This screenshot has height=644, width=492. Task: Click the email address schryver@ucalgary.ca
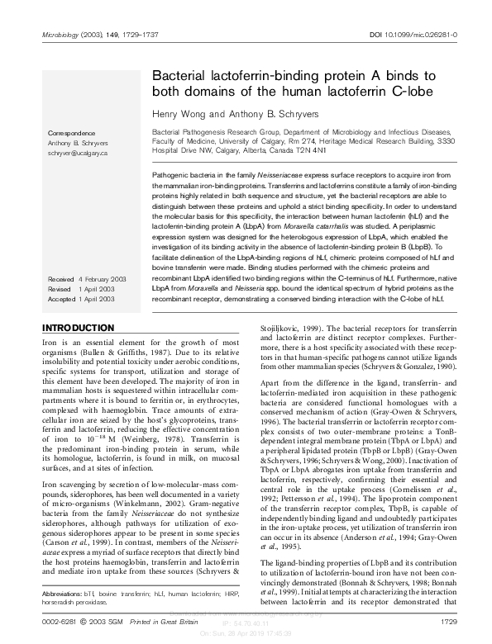tap(79, 154)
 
